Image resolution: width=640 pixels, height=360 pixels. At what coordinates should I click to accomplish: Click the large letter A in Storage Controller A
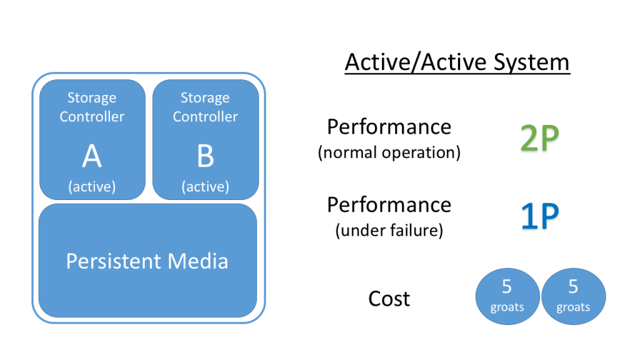click(x=92, y=157)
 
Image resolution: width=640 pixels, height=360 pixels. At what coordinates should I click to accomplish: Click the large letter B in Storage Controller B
click(x=206, y=157)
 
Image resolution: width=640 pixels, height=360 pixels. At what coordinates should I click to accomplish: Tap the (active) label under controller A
click(x=92, y=187)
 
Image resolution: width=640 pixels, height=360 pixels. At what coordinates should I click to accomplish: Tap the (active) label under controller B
click(x=206, y=187)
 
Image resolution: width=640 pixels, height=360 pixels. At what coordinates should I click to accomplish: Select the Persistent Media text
click(x=147, y=261)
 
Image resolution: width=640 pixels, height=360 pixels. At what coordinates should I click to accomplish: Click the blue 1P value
click(x=539, y=216)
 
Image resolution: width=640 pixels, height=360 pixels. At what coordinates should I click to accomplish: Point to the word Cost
click(x=389, y=299)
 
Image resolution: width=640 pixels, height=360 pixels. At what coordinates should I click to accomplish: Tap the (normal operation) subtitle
click(x=389, y=153)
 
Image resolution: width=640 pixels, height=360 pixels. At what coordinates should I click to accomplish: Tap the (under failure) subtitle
click(x=389, y=231)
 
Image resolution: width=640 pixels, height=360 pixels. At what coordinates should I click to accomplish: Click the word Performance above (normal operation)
click(x=389, y=127)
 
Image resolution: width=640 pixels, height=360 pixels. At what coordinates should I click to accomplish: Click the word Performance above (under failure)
click(x=389, y=204)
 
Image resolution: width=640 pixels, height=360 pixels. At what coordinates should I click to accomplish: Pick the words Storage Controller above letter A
click(x=92, y=107)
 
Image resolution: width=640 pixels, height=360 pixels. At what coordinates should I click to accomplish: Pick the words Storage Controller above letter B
click(x=206, y=107)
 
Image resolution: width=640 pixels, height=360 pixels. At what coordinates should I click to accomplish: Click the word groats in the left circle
click(x=507, y=307)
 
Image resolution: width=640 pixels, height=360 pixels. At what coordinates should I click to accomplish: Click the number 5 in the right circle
click(x=573, y=287)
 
